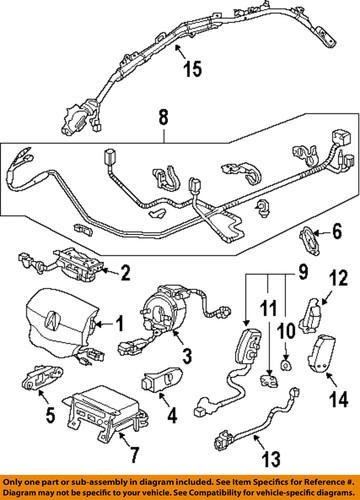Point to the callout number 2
click(125, 270)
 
